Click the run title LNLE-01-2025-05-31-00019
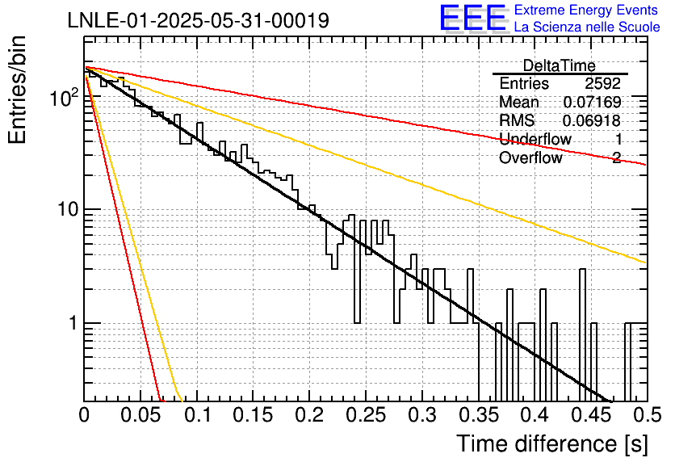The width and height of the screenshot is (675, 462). point(199,20)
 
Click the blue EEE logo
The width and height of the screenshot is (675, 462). point(473,18)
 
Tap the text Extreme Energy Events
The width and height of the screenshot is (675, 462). point(586,10)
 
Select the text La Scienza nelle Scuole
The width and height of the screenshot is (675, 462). point(587,27)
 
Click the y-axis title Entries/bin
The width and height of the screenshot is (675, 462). point(17,90)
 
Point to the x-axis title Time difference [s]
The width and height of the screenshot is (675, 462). point(552,444)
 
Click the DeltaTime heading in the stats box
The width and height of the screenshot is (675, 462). point(560,65)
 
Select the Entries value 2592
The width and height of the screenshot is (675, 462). point(602,83)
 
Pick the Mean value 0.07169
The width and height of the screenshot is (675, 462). point(593,102)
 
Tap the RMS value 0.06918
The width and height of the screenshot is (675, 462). point(592,120)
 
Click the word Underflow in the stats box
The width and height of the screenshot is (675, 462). point(535,139)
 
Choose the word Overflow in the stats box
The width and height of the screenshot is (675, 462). point(530,157)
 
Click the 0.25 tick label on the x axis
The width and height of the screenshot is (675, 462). point(366,415)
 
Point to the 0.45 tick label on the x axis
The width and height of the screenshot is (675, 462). point(592,415)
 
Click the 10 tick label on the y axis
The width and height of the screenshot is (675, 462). point(68,210)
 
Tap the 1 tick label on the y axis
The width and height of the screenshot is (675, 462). point(73,323)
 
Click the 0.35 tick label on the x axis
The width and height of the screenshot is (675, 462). point(479,415)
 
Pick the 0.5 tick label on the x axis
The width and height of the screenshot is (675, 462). point(647,415)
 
